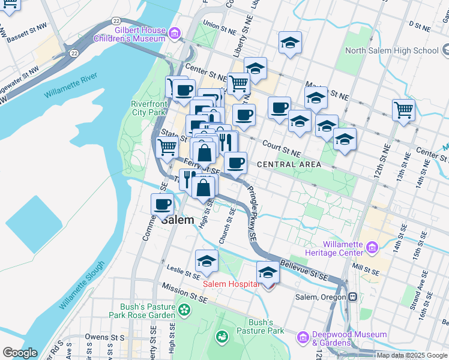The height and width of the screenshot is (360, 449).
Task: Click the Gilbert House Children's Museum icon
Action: [x=175, y=34]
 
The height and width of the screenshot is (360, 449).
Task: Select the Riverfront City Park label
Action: [x=148, y=108]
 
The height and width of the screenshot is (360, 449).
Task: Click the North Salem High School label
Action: [x=400, y=51]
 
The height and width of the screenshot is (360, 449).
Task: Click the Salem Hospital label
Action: [x=231, y=284]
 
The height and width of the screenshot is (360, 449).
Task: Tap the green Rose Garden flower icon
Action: [x=184, y=310]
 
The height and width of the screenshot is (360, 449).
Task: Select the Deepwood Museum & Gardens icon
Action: [x=303, y=338]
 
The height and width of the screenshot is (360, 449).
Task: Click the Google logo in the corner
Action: [x=20, y=353]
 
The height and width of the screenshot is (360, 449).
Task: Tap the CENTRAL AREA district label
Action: [x=285, y=164]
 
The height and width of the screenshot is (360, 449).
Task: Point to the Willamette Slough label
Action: [x=83, y=285]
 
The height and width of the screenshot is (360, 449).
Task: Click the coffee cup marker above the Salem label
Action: [x=163, y=204]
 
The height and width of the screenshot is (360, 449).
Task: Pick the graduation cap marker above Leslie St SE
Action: [x=206, y=261]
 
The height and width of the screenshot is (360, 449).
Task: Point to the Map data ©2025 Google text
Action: [x=411, y=355]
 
